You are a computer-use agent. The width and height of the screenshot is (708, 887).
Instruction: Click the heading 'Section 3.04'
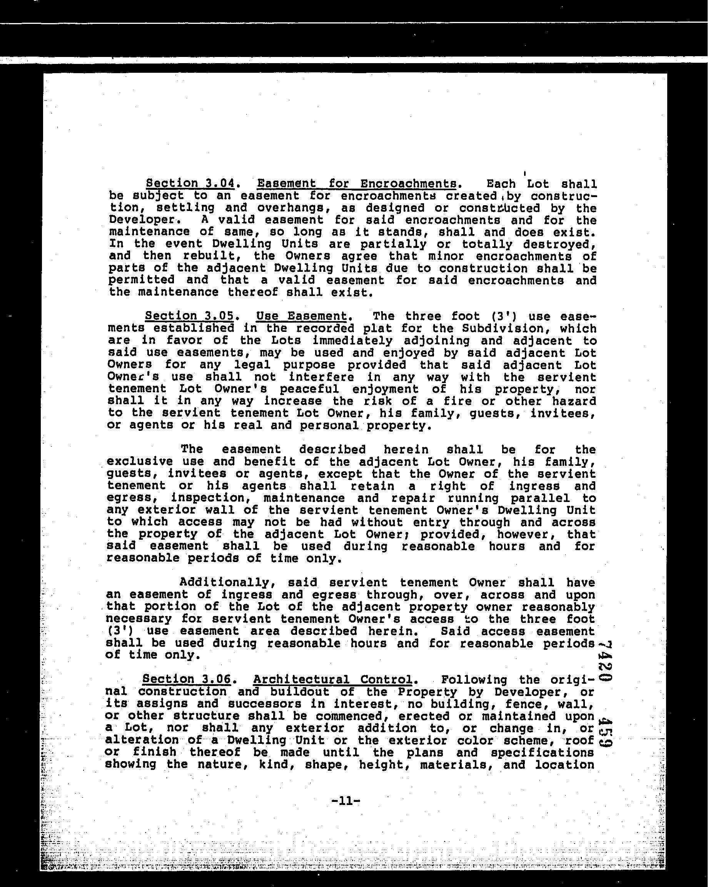190,184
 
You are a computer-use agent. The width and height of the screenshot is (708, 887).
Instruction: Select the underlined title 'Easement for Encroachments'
356,184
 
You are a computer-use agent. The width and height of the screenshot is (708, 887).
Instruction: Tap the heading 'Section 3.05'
189,316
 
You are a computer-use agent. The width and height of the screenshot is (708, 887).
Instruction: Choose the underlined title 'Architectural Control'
332,679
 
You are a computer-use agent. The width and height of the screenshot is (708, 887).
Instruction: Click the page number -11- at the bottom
346,801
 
